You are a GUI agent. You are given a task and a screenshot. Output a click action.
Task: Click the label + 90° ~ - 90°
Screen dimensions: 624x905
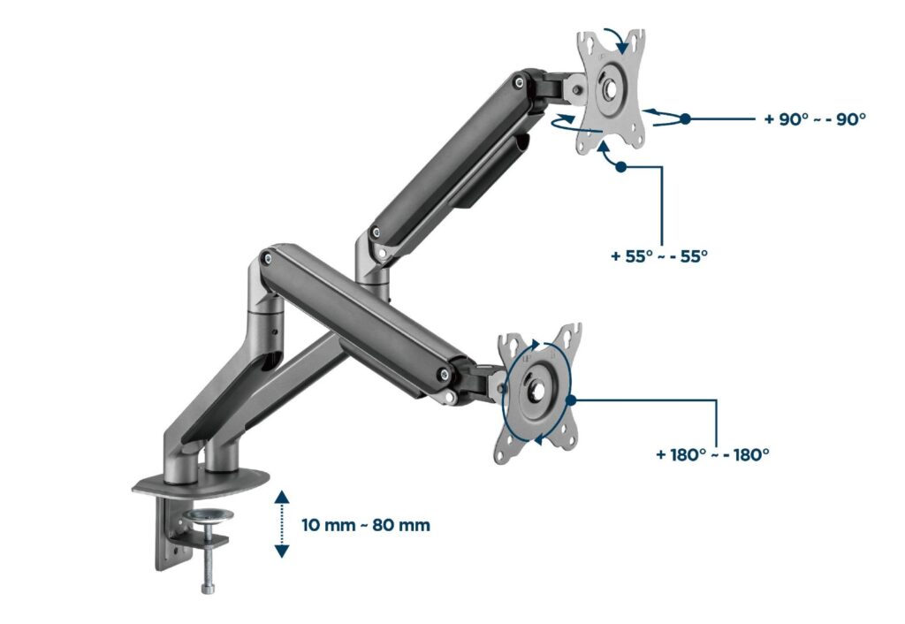(x=815, y=118)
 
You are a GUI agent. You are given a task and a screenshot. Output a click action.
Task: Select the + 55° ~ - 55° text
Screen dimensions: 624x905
(x=659, y=256)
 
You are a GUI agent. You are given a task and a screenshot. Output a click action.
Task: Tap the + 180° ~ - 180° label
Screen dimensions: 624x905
(x=712, y=454)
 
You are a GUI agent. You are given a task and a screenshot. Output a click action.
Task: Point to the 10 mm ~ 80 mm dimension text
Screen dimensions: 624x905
(x=366, y=526)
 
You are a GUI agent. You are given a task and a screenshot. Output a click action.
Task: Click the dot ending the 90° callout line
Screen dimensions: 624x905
(x=685, y=118)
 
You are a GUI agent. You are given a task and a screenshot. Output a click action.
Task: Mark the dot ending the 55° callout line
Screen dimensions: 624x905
(x=621, y=166)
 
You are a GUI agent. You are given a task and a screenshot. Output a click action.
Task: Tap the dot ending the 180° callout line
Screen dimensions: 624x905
(x=572, y=400)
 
